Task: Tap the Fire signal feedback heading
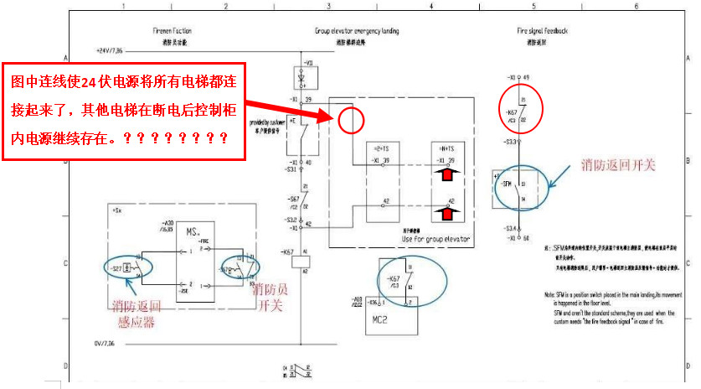542,31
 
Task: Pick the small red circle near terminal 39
352,121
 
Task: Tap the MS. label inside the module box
192,231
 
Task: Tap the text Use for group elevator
436,239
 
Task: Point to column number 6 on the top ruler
637,6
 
